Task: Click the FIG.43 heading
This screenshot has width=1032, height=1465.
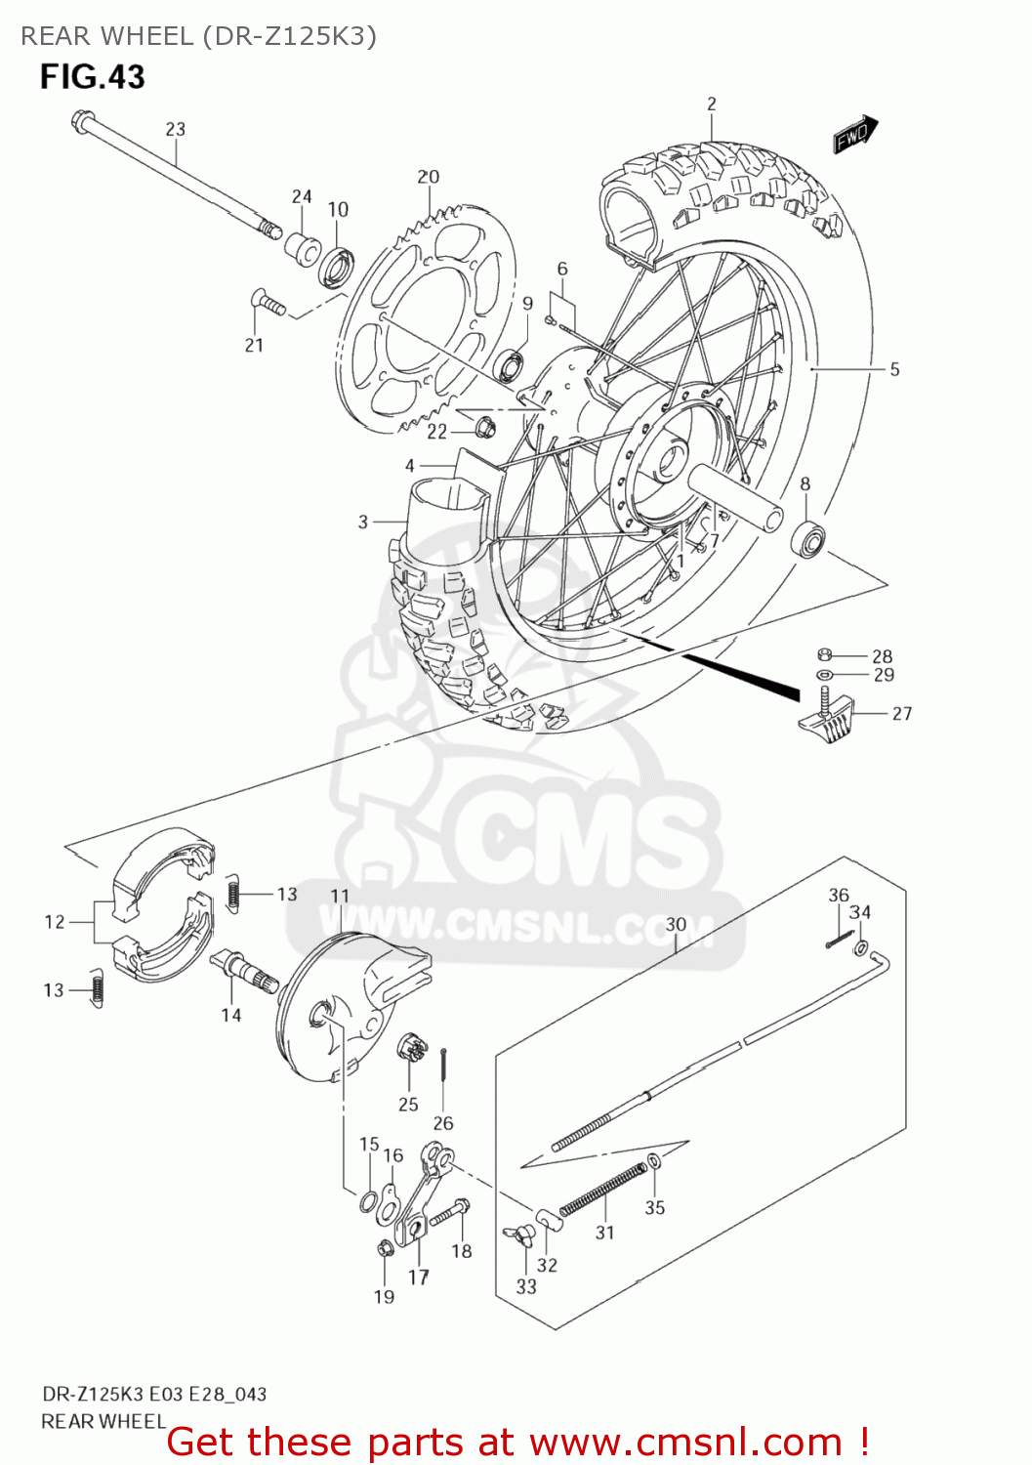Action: (x=92, y=77)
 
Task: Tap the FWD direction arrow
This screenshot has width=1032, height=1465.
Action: (x=855, y=135)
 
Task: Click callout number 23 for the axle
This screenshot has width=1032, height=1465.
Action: (x=175, y=129)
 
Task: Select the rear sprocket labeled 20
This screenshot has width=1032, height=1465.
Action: (x=430, y=322)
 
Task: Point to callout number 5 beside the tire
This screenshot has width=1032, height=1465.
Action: (x=894, y=369)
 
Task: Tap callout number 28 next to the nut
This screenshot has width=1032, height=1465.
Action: (x=882, y=656)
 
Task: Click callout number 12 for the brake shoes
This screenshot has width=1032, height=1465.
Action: (x=55, y=921)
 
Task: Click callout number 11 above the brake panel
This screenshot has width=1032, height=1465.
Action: (x=339, y=896)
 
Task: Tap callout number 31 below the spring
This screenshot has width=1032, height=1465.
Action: (x=605, y=1233)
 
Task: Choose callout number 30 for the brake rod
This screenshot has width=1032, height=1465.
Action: (x=676, y=924)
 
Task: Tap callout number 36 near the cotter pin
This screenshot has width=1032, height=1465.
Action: (x=839, y=895)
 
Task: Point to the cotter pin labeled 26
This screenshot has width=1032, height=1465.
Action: (x=444, y=1066)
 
